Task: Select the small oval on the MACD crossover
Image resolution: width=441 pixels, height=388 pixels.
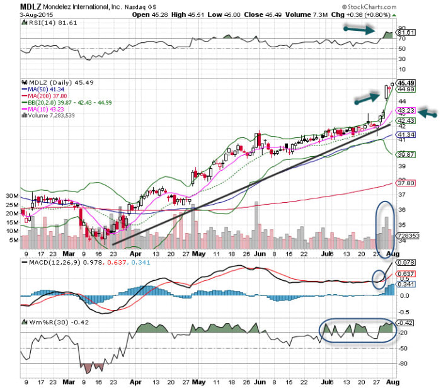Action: tap(378, 278)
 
